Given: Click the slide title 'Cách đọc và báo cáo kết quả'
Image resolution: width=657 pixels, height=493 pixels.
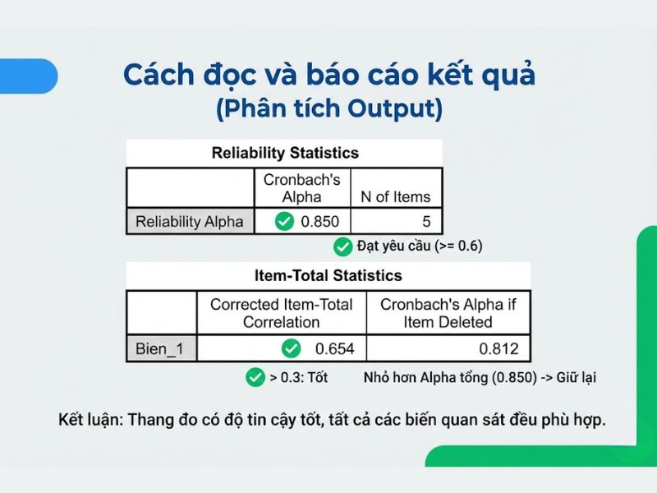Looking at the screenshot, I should pyautogui.click(x=328, y=76).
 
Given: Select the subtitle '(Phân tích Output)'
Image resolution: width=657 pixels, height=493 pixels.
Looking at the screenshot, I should pyautogui.click(x=328, y=109).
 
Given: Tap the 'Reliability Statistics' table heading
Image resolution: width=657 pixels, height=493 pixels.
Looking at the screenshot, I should pyautogui.click(x=285, y=153).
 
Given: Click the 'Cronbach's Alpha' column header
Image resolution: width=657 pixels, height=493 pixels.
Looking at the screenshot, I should pyautogui.click(x=302, y=188).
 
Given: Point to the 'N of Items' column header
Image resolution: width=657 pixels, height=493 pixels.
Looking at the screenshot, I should pyautogui.click(x=396, y=197).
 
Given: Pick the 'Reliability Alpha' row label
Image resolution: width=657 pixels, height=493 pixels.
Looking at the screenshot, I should pyautogui.click(x=190, y=221).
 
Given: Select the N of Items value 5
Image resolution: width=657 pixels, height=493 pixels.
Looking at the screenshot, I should pyautogui.click(x=425, y=221).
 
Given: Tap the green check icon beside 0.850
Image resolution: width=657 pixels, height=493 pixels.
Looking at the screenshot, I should pyautogui.click(x=285, y=221).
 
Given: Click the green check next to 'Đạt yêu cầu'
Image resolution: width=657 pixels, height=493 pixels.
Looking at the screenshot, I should pyautogui.click(x=342, y=246).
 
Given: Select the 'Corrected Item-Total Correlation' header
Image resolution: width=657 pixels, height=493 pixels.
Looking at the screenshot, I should pyautogui.click(x=282, y=312).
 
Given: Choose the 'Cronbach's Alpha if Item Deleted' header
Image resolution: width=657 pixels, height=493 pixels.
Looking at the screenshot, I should pyautogui.click(x=448, y=312).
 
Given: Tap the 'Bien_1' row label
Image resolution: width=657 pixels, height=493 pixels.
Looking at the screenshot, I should pyautogui.click(x=160, y=349).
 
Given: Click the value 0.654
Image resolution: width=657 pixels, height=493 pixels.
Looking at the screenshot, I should pyautogui.click(x=335, y=349).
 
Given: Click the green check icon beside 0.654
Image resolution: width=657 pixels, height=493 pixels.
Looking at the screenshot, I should pyautogui.click(x=291, y=349).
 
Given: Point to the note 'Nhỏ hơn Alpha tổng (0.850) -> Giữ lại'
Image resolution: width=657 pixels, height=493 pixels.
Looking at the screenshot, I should pyautogui.click(x=480, y=378).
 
